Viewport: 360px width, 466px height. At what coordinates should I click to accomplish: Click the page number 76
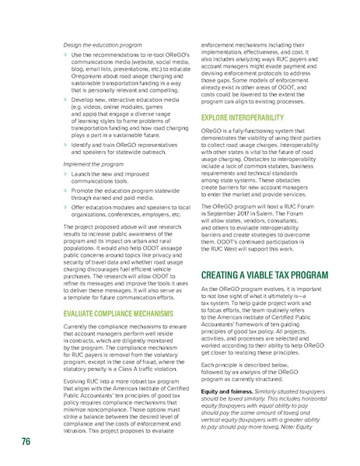point(26,443)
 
